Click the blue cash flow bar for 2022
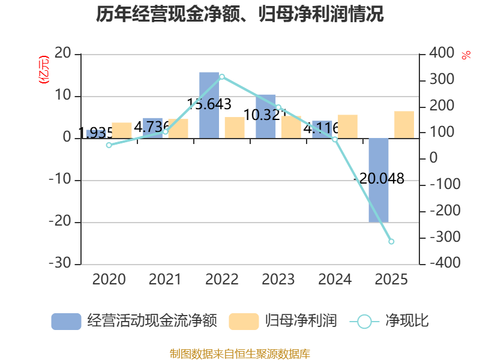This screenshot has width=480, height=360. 209,105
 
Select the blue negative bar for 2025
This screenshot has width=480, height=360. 379,180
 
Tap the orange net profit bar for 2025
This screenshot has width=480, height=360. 404,125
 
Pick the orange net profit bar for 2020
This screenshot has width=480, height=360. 122,130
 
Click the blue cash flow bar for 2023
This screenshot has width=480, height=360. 266,116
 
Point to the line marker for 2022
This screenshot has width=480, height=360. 222,77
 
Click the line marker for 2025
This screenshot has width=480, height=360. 391,241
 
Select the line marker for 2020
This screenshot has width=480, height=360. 109,145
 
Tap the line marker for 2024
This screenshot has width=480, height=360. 335,139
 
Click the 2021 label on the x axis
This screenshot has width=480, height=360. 165,280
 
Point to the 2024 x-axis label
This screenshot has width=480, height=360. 335,280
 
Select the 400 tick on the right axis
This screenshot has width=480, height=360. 442,54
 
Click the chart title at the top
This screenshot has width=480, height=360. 240,14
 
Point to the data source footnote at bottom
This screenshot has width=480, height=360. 240,353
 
